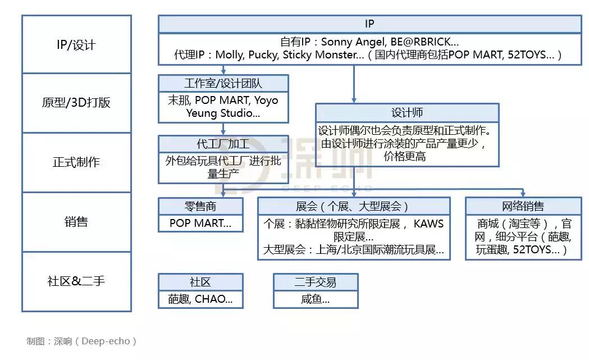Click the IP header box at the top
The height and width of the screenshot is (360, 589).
click(x=369, y=24)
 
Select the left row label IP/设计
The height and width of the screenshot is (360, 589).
click(x=76, y=45)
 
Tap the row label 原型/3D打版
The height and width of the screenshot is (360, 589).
click(x=76, y=103)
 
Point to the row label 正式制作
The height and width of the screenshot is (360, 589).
click(x=76, y=162)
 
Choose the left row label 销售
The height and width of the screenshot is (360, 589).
click(x=76, y=222)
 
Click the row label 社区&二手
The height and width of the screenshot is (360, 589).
click(x=76, y=281)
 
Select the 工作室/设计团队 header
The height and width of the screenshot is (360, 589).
click(x=223, y=84)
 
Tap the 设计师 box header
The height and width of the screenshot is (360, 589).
click(x=407, y=112)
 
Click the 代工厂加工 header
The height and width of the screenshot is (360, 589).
click(x=223, y=144)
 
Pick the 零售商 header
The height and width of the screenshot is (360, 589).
click(x=200, y=206)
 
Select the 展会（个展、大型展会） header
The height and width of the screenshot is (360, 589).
click(x=354, y=206)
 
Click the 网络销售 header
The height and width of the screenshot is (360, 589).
click(x=523, y=206)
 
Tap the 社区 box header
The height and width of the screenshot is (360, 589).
click(x=200, y=282)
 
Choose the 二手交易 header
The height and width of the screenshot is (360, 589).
click(x=316, y=282)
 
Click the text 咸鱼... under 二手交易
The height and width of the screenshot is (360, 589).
click(x=316, y=299)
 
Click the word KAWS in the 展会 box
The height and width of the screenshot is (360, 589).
click(x=428, y=224)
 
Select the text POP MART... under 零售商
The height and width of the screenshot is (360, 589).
click(x=200, y=224)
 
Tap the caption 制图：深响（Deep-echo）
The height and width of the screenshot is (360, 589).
click(x=81, y=341)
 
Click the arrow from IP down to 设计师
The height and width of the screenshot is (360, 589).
click(x=354, y=84)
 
